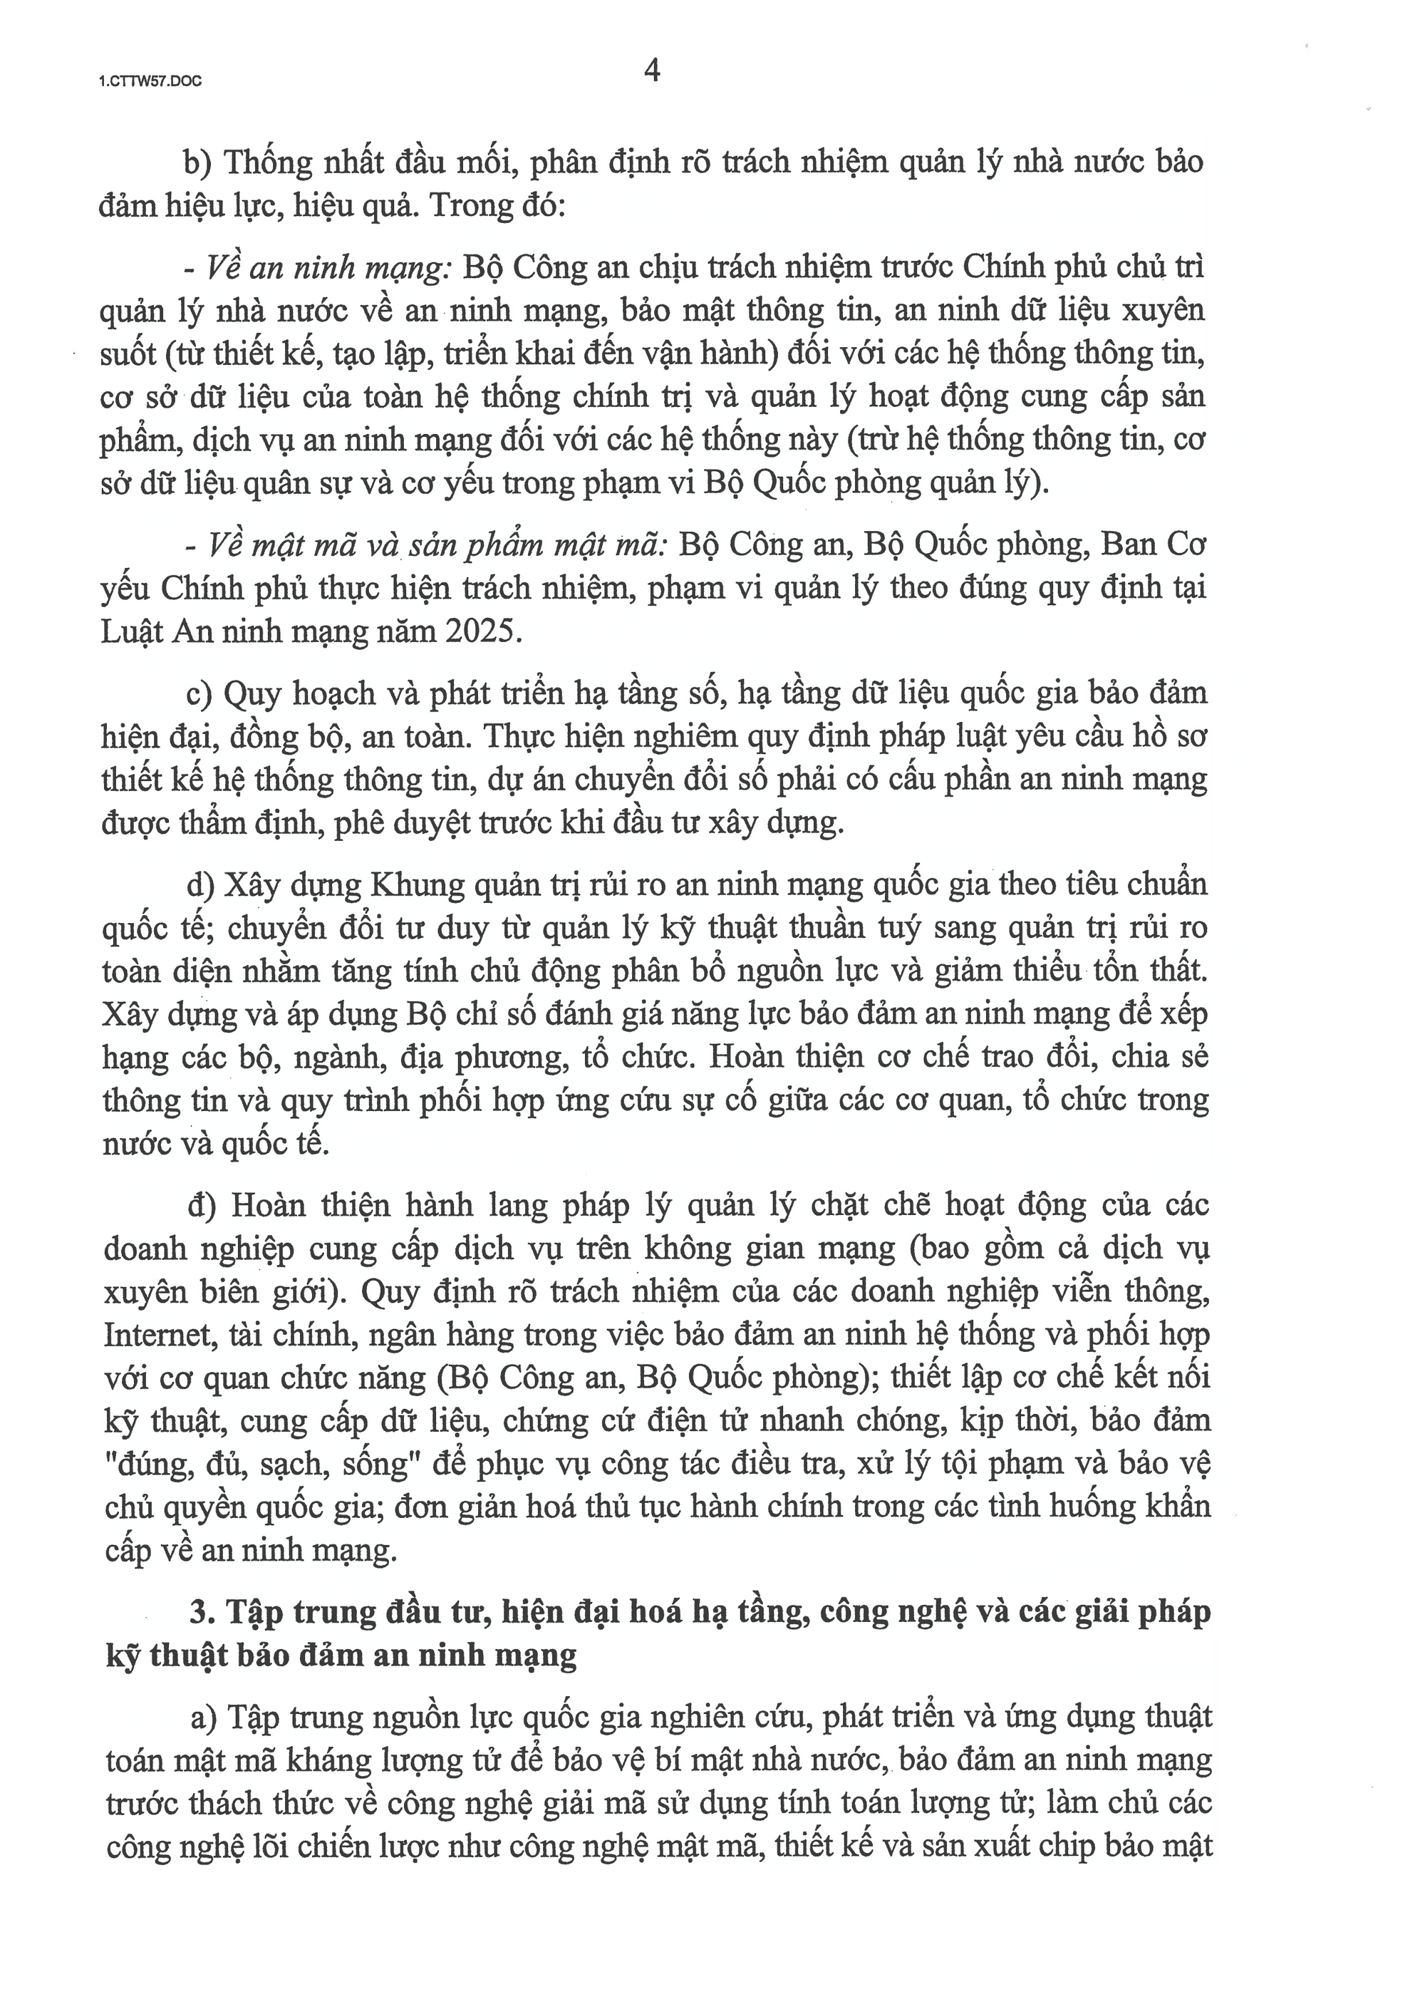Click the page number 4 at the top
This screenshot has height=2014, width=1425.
click(652, 71)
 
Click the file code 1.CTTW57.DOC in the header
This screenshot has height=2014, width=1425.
click(150, 82)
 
